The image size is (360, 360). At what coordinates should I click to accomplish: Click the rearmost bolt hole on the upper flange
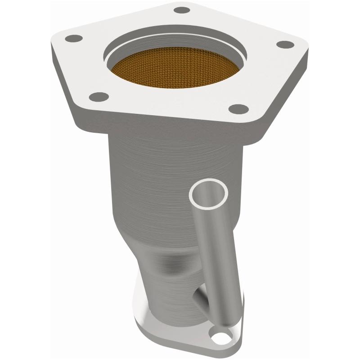pos(181,10)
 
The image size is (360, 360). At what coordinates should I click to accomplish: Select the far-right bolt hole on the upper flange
pos(284,45)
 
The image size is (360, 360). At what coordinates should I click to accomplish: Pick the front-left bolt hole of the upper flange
pos(98,96)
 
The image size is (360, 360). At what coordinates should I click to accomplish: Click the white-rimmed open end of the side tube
pos(208,193)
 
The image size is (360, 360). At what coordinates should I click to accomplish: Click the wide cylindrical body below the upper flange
pos(148,171)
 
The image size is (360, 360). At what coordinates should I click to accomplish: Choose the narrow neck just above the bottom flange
pos(166,292)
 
